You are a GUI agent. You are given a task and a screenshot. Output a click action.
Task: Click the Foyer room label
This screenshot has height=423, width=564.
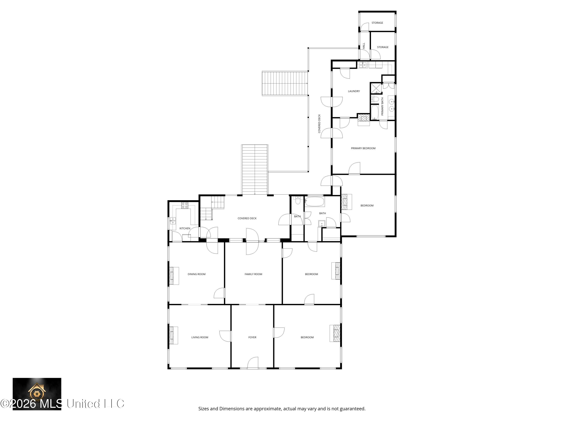pos(252,337)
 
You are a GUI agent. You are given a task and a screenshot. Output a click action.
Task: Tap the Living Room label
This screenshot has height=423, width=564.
pos(200,337)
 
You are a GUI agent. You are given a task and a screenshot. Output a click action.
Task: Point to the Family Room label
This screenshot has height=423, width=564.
pos(253,274)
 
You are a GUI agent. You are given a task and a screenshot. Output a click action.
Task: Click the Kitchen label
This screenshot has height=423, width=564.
pos(185,228)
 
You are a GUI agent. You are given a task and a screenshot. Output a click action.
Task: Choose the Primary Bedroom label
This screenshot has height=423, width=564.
pos(363,148)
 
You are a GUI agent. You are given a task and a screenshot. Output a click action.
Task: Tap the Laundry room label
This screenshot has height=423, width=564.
pos(354,91)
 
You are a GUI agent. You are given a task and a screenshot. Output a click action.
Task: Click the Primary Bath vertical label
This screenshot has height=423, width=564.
pos(382,106)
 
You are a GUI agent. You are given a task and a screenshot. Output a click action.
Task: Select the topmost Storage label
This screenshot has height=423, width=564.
pos(377,23)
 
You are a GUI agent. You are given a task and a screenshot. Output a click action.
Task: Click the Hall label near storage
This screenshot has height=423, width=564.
pos(364,46)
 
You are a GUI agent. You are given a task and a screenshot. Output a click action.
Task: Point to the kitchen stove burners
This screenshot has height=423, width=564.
pos(185,205)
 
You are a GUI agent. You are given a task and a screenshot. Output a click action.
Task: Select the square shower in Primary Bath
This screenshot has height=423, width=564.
pos(376,88)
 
